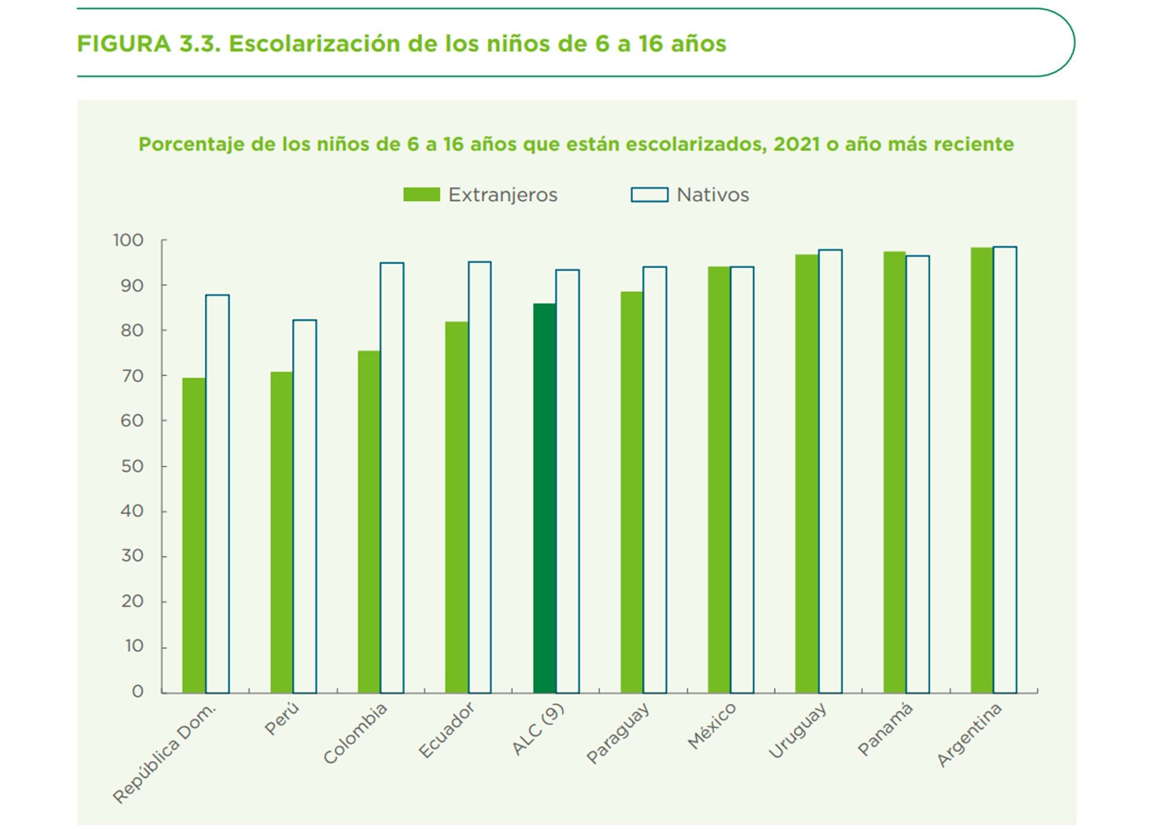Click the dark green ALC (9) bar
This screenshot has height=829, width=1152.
coord(544,498)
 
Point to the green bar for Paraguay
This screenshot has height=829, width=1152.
coord(632,492)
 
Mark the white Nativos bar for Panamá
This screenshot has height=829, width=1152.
coord(917,474)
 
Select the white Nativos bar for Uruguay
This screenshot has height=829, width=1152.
coord(830,471)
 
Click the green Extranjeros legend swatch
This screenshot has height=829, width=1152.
coord(421,194)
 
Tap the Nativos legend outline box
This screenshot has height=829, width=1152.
coord(649,194)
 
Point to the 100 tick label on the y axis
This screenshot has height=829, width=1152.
coord(128,241)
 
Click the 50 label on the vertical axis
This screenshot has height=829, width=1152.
coord(132,466)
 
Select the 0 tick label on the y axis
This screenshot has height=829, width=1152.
coord(137,692)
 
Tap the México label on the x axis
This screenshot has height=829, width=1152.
coord(712,726)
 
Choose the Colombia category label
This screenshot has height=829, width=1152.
coord(355,734)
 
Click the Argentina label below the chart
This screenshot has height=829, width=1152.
coord(969,735)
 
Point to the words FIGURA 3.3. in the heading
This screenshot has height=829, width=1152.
coord(149,44)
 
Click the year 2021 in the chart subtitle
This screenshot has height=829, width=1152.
coord(796,144)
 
